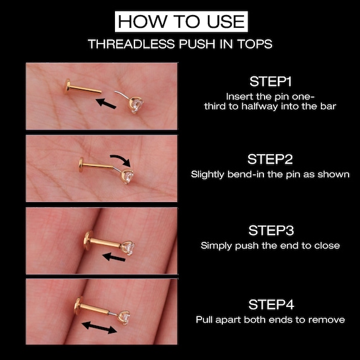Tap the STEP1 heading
[270, 81]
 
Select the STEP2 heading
[270, 159]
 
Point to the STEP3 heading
[270, 231]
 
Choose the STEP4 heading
[270, 305]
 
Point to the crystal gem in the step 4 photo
[124, 315]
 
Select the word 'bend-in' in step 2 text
[253, 174]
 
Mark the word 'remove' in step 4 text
[328, 320]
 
